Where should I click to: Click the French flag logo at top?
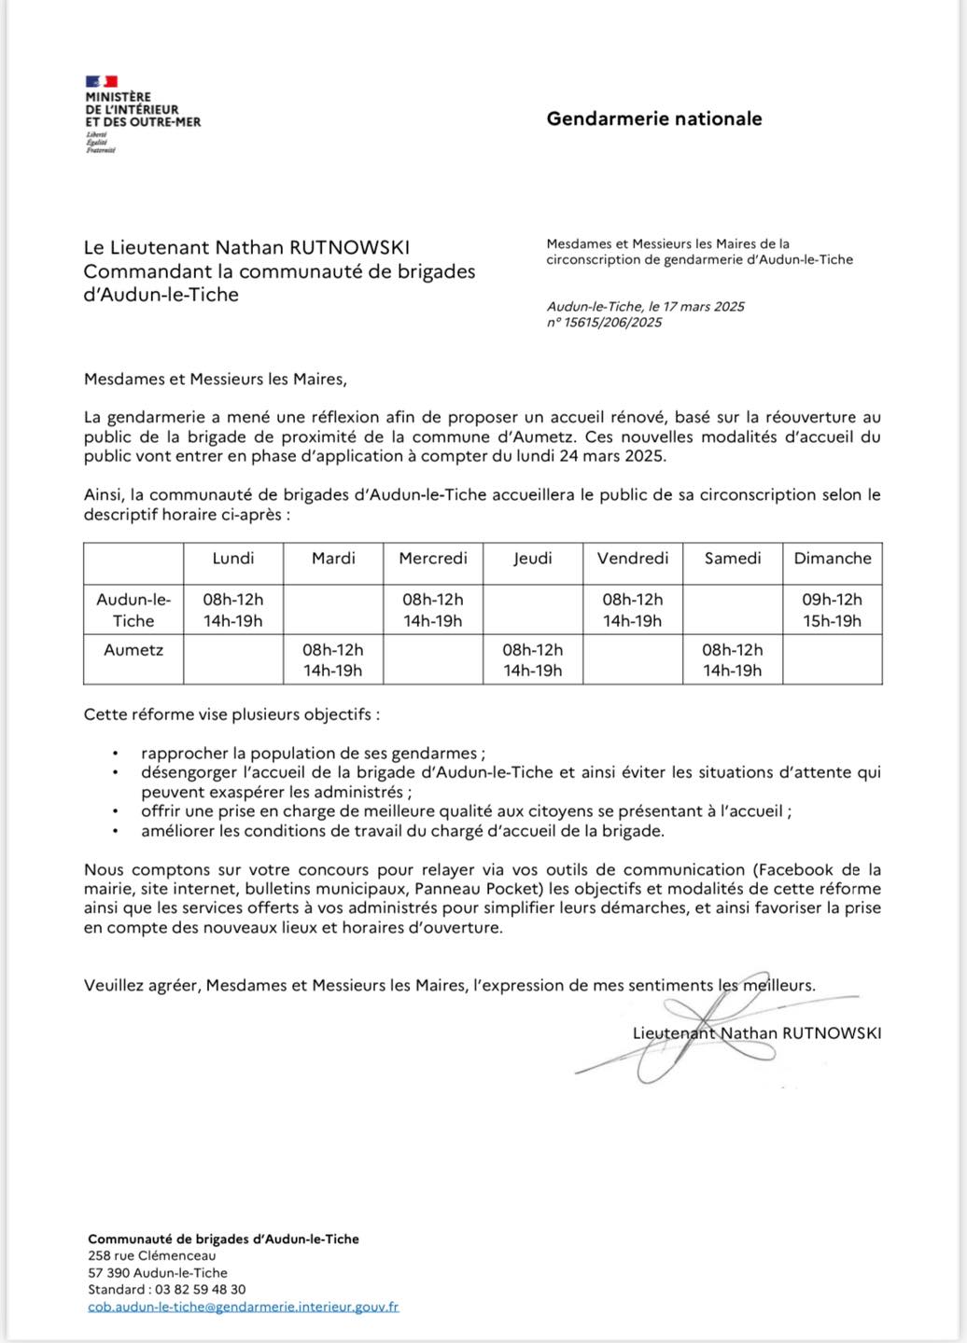click(101, 82)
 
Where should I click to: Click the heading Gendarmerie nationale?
click(654, 118)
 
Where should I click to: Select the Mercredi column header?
click(433, 559)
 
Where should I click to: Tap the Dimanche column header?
click(833, 559)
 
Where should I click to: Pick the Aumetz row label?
click(133, 650)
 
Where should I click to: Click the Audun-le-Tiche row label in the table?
click(133, 610)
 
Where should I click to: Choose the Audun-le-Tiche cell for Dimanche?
click(833, 610)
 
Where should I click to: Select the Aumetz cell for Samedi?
click(733, 660)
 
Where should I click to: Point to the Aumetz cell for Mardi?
click(333, 660)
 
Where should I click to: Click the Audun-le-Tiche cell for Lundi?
click(233, 610)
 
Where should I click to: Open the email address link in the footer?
click(244, 1307)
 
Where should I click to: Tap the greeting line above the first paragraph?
click(215, 380)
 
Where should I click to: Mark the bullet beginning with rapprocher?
click(313, 754)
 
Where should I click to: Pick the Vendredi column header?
click(633, 559)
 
